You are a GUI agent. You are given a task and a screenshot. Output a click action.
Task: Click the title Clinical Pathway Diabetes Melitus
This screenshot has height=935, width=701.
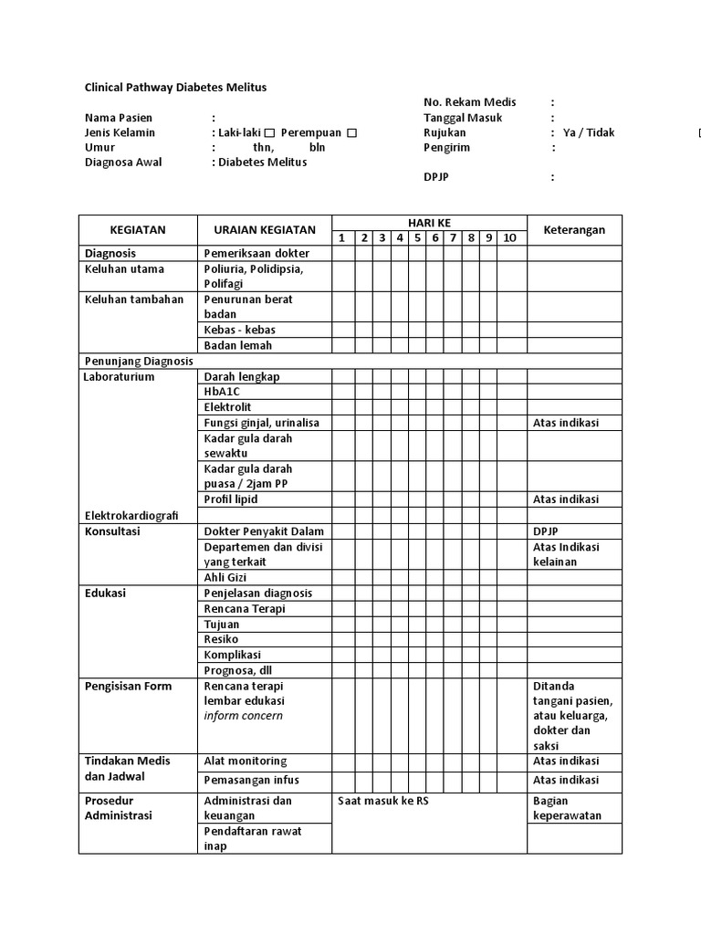(176, 88)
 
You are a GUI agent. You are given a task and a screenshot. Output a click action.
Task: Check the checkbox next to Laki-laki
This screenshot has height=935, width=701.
(269, 133)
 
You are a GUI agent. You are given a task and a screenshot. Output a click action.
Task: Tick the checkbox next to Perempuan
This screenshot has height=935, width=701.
(351, 133)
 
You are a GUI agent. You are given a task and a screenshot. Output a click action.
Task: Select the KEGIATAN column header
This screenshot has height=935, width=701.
(138, 230)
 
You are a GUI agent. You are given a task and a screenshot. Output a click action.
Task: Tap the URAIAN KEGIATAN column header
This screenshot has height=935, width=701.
(264, 230)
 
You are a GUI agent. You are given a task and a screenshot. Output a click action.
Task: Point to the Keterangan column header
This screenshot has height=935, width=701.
(574, 230)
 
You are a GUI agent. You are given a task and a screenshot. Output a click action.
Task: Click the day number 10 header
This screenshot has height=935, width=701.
(508, 238)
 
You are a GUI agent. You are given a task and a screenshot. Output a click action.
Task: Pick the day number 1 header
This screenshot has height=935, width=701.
(341, 238)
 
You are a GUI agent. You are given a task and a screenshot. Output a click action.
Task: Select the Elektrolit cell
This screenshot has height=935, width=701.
(227, 407)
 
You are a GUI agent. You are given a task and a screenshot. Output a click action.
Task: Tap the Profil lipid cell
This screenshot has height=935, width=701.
(231, 499)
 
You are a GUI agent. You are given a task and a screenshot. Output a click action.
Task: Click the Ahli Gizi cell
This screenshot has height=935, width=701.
(226, 577)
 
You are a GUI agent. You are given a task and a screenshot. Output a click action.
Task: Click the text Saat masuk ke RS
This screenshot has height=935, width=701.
(382, 801)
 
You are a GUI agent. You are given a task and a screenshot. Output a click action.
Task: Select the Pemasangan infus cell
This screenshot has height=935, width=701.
(251, 780)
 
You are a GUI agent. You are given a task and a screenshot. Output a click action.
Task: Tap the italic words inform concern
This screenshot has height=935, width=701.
(243, 716)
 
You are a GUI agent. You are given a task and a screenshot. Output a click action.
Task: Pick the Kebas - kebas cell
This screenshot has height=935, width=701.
(239, 330)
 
